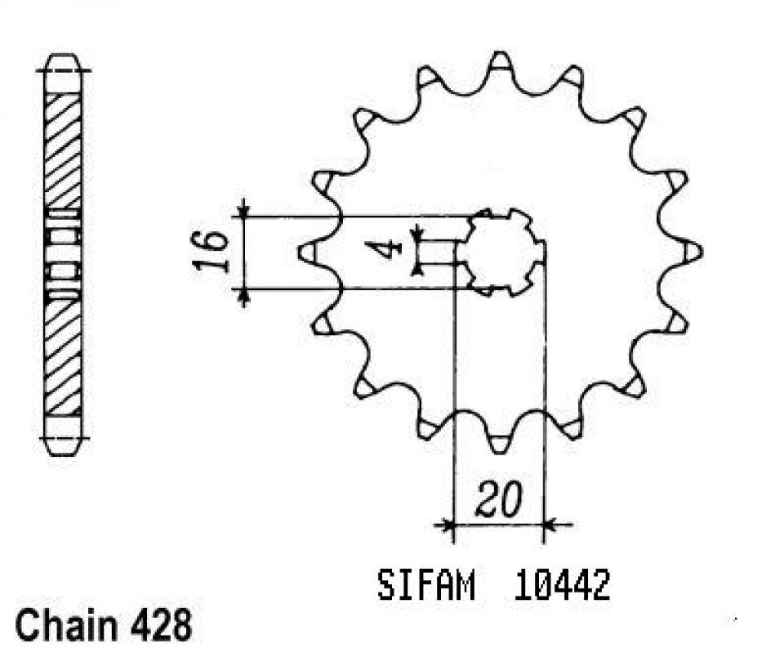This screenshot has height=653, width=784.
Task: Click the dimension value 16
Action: [210, 252]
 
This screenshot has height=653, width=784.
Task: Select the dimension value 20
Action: [497, 500]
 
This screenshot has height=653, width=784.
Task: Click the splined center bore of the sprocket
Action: [500, 252]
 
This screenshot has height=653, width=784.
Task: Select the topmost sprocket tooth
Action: [500, 62]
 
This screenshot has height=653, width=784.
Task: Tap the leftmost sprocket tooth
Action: [308, 252]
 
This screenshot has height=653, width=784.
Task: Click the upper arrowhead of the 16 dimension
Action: [243, 209]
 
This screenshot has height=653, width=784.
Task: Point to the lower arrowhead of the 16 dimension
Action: [243, 296]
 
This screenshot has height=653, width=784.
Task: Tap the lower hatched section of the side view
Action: [63, 356]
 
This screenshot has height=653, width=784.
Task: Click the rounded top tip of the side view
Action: [64, 62]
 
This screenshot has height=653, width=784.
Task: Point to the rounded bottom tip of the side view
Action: [64, 445]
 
